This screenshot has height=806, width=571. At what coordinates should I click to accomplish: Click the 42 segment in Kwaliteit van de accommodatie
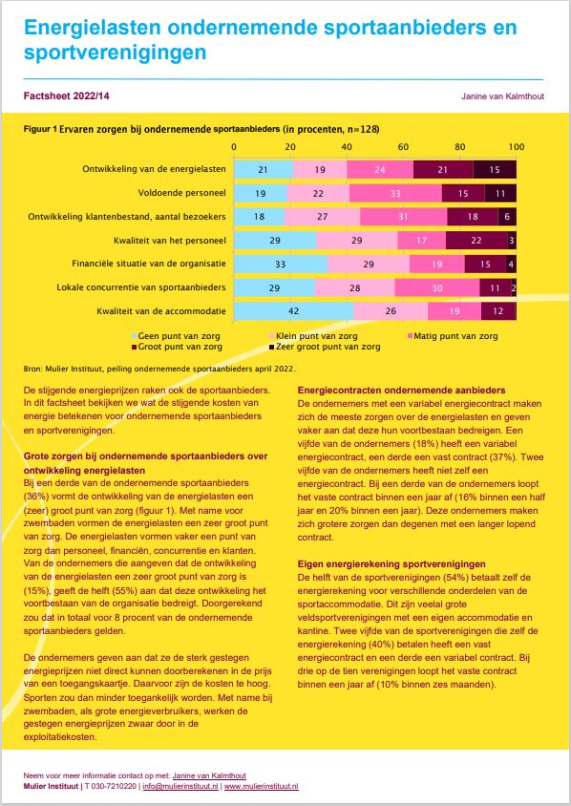coord(294,311)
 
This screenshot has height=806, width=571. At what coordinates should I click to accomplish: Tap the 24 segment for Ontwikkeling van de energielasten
coord(380,169)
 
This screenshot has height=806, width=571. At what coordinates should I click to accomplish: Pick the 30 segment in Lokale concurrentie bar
coord(436,287)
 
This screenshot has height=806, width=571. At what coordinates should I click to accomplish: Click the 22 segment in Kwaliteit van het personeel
coord(476,241)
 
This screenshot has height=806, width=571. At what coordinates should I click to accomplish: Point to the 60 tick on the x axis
coord(403,148)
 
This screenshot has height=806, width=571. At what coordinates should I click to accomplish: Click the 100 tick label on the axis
coord(516,148)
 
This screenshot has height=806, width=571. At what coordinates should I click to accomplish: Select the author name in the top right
coord(501,96)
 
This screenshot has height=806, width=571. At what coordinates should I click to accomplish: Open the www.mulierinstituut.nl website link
coord(262,786)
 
